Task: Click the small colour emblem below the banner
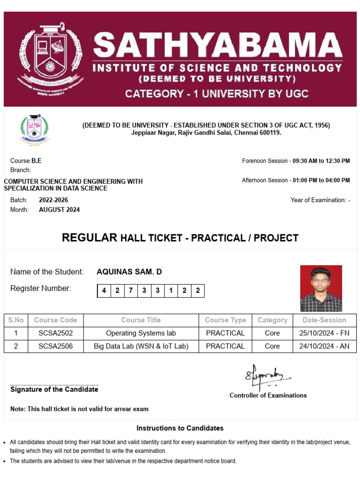coord(34,129)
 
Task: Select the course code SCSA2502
coord(55,333)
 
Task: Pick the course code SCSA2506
coord(55,346)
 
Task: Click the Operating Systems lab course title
coord(141,333)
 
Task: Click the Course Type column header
coord(225,320)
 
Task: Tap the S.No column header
coord(15,320)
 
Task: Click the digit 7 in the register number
coord(130,291)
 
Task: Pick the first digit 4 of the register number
coord(104,291)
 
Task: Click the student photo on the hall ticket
coord(321,288)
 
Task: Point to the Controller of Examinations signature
coord(267,375)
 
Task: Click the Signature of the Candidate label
coord(54,390)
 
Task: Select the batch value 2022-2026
coord(53,200)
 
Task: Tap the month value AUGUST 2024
coord(59,210)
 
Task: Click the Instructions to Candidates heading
coord(180,428)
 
